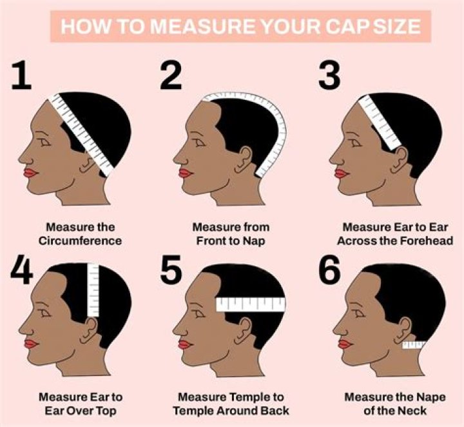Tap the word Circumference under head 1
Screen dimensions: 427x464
(81, 241)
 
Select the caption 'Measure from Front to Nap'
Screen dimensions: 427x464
(230, 234)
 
